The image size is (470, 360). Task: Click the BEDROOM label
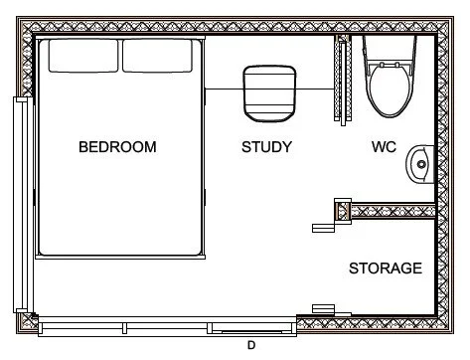click(x=117, y=147)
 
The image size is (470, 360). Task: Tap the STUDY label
click(x=266, y=147)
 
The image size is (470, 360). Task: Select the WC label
click(x=384, y=147)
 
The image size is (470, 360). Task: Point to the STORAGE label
click(x=386, y=269)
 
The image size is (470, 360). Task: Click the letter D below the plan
click(x=251, y=345)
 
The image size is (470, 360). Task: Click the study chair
click(x=269, y=90)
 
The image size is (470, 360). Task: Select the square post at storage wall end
click(x=343, y=210)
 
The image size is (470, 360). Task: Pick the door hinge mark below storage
click(x=324, y=307)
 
